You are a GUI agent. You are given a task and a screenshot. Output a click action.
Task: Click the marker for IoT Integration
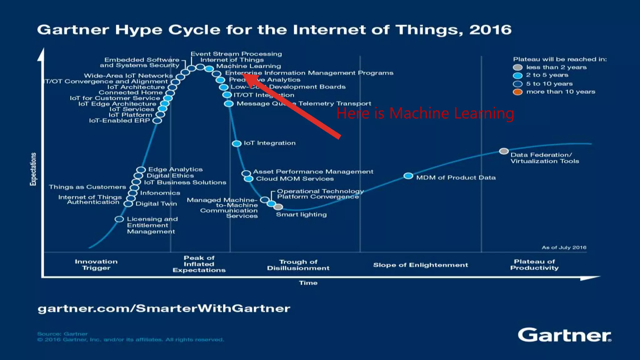[237, 143]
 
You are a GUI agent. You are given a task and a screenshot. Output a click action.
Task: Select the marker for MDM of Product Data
[408, 176]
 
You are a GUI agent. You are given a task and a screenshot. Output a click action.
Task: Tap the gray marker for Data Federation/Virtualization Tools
[503, 151]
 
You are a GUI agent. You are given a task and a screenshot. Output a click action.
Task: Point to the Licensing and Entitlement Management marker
[119, 219]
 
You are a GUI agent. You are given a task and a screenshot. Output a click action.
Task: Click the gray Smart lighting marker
[278, 207]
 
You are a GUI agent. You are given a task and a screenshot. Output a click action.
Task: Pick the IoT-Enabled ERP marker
[157, 121]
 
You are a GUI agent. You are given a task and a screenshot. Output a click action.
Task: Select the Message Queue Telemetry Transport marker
[229, 103]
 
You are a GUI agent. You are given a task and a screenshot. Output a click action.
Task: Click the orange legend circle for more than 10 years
[517, 92]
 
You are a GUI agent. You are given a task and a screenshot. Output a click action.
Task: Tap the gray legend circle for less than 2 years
[517, 67]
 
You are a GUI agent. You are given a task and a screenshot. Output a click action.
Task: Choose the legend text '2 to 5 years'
[547, 75]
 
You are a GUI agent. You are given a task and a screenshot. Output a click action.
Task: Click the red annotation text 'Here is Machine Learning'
[425, 113]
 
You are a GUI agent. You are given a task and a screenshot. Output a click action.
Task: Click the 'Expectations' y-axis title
[33, 169]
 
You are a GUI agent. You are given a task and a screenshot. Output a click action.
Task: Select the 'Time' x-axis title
[308, 283]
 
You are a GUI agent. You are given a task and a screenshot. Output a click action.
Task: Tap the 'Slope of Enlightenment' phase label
[420, 265]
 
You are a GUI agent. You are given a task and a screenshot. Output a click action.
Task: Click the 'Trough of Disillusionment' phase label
[298, 265]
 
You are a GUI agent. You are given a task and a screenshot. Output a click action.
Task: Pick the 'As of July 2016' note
[564, 247]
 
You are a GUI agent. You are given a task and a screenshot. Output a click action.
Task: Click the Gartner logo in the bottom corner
[564, 335]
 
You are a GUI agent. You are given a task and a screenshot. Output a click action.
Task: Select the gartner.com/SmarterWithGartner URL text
[164, 309]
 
